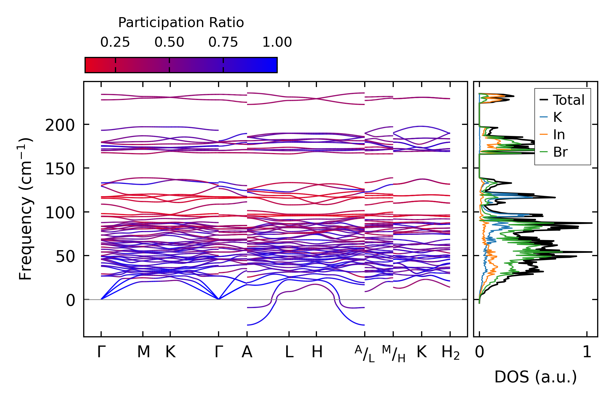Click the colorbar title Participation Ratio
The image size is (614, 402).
(x=181, y=23)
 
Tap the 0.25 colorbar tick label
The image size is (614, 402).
(x=115, y=42)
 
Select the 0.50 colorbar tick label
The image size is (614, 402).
(x=169, y=42)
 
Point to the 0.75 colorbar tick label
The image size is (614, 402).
(x=223, y=42)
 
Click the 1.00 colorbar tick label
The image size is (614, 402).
(x=277, y=42)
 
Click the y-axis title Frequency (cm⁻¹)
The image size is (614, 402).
(x=25, y=209)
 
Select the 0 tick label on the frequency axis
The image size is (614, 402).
(x=70, y=300)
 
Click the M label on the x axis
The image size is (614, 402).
(x=143, y=352)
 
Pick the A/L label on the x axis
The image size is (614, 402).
(x=365, y=354)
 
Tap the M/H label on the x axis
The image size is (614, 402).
(x=393, y=354)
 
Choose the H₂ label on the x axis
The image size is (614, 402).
(x=450, y=353)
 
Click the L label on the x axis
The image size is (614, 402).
(x=289, y=352)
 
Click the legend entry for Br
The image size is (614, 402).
(x=560, y=152)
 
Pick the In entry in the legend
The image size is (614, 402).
(x=559, y=135)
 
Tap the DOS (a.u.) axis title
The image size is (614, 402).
(x=536, y=377)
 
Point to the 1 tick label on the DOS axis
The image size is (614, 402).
(x=587, y=352)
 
